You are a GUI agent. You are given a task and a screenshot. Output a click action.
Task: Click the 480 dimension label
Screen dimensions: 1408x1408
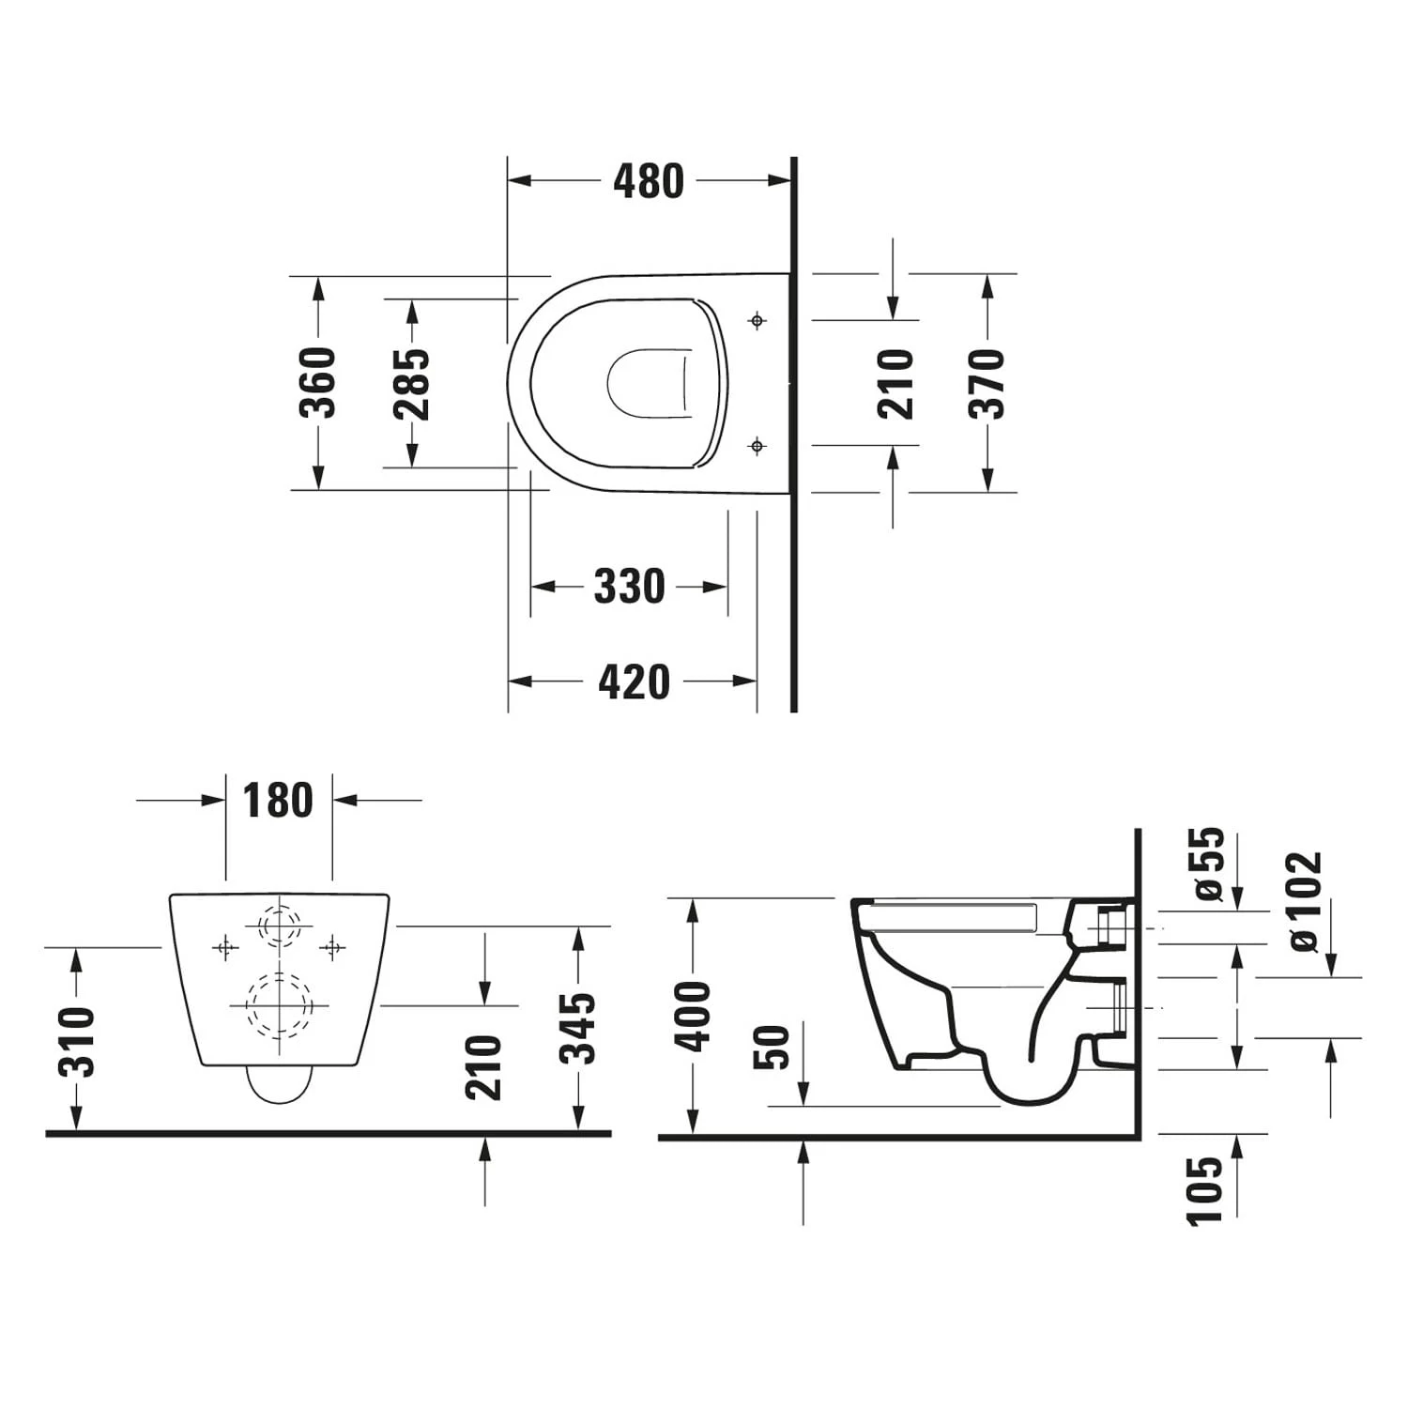[649, 181]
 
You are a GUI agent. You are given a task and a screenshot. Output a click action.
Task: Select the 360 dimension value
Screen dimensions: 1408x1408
[317, 382]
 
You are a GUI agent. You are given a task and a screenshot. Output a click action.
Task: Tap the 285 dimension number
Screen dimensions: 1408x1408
[411, 384]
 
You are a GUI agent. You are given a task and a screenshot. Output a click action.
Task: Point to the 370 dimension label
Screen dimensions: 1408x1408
[987, 383]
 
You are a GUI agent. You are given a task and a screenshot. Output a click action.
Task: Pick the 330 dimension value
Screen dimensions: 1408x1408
[630, 587]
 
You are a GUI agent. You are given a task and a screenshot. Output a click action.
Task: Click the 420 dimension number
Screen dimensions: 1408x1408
[634, 681]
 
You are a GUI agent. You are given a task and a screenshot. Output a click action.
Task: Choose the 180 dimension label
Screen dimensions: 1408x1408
[278, 801]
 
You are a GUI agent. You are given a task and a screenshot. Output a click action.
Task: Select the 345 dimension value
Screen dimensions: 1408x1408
[576, 1028]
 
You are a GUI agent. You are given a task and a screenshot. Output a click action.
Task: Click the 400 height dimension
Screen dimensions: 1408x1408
[692, 1016]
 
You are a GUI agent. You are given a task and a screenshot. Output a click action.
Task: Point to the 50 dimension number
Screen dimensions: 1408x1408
[772, 1047]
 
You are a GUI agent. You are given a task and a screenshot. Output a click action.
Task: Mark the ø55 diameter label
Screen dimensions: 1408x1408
[1208, 864]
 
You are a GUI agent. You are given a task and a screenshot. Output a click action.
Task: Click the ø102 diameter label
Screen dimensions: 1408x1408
[1304, 901]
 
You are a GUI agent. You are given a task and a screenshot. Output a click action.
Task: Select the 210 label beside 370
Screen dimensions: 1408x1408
[895, 383]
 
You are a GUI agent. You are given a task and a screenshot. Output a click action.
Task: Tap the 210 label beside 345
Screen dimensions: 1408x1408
[483, 1067]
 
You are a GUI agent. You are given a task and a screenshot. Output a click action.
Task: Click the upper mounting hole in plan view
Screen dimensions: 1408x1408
[758, 321]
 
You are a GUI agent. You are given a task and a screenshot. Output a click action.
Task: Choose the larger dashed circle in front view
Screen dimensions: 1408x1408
[279, 1005]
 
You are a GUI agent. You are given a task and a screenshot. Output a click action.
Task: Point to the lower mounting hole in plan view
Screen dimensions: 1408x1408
[758, 446]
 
